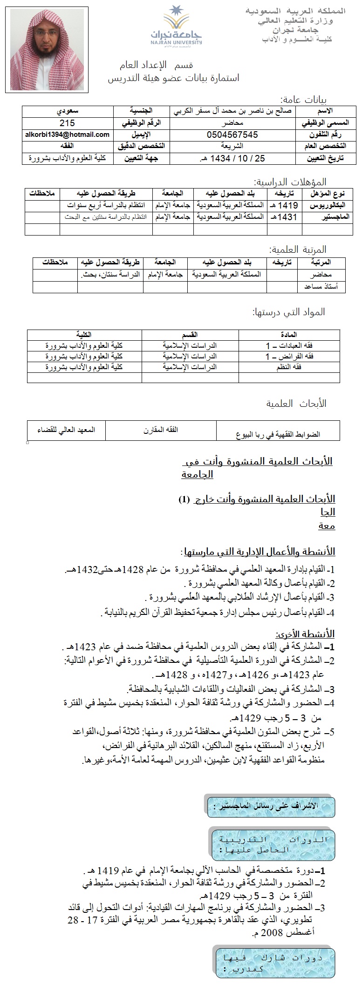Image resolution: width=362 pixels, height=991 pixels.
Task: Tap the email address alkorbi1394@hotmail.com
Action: coord(68,135)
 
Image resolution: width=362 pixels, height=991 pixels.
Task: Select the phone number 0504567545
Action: coord(232,135)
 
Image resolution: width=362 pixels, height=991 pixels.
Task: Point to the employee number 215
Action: coord(68,123)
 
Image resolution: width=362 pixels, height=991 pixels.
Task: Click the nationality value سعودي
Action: coord(68,111)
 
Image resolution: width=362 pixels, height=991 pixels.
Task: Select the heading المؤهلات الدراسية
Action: coord(290,182)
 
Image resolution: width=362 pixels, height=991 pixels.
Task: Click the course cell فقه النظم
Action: coord(289,367)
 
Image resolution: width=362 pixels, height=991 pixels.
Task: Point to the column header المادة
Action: coord(289,335)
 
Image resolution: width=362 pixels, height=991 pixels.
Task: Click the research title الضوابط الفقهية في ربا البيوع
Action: coord(279,434)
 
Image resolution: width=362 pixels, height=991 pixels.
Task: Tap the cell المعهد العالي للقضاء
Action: coord(66,430)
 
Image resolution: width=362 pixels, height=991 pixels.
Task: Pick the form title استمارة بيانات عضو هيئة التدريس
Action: coord(174,78)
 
